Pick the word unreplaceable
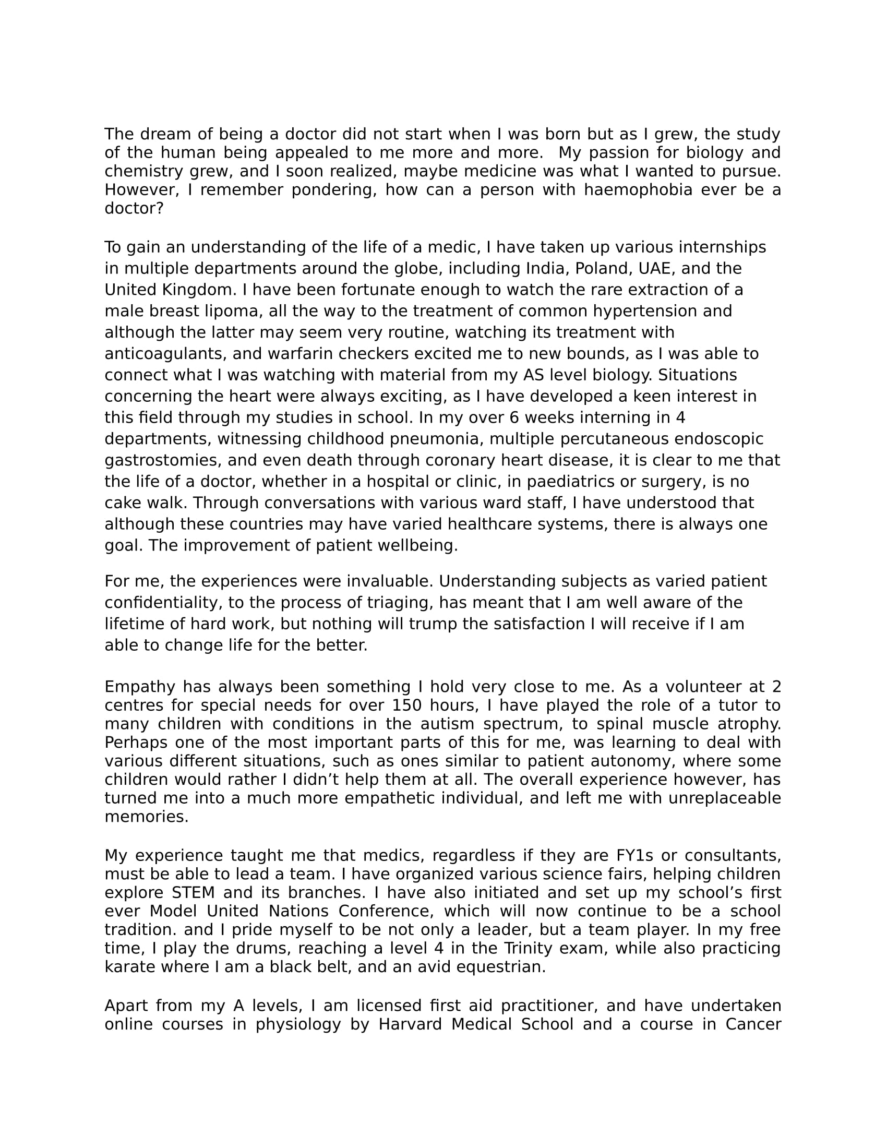pos(725,798)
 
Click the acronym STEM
pos(194,893)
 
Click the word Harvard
pos(410,1024)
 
